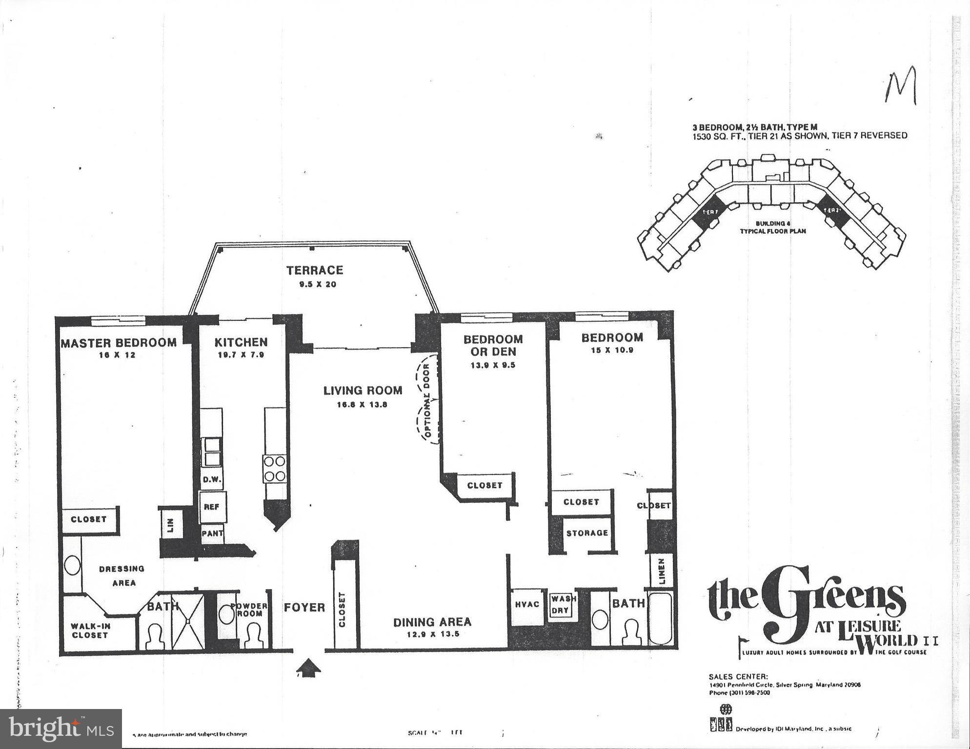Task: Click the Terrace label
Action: coord(314,270)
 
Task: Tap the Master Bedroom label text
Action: coord(119,343)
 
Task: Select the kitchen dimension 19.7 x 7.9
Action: coord(241,355)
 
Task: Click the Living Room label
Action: coord(363,390)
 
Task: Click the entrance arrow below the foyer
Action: coord(309,667)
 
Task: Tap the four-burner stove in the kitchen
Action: coord(275,468)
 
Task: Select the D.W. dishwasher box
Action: coord(212,479)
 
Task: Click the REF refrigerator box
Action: coord(211,507)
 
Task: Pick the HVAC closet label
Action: coord(527,604)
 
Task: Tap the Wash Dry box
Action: coord(563,604)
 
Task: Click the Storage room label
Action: coord(587,533)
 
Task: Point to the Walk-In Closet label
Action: coord(90,631)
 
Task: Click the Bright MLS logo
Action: coord(61,729)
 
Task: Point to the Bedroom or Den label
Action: coord(492,345)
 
